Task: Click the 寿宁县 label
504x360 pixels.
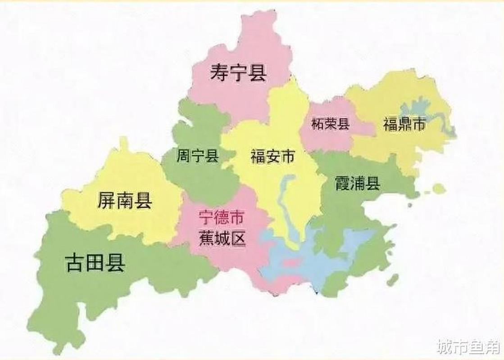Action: tap(238, 73)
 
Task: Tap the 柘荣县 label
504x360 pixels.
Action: tap(331, 124)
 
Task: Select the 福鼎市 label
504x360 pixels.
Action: tap(404, 124)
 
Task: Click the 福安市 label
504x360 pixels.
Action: tap(272, 157)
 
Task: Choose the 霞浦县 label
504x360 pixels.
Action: tap(357, 183)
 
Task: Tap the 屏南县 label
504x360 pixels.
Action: tap(125, 200)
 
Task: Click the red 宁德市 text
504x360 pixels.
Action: tap(221, 218)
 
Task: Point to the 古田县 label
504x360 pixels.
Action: tap(95, 262)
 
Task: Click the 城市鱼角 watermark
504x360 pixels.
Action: tap(468, 347)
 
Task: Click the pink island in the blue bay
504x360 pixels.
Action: tap(291, 262)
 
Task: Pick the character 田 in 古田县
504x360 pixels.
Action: tap(95, 262)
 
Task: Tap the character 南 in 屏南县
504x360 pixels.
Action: tap(125, 200)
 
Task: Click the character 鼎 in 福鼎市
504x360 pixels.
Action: tap(404, 124)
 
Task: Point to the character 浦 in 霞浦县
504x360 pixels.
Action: tap(357, 183)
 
